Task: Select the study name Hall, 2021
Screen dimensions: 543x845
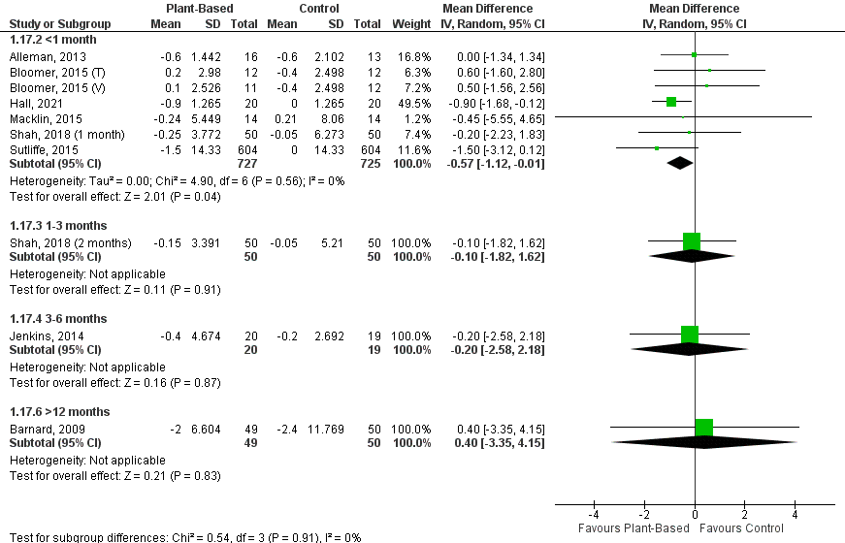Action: click(29, 101)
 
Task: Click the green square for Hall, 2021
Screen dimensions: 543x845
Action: click(671, 101)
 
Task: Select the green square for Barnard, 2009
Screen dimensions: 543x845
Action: click(704, 427)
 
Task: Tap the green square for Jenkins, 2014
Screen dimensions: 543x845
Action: click(690, 334)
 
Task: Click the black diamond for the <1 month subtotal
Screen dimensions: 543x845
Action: click(680, 163)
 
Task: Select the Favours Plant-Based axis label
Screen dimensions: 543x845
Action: click(634, 529)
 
